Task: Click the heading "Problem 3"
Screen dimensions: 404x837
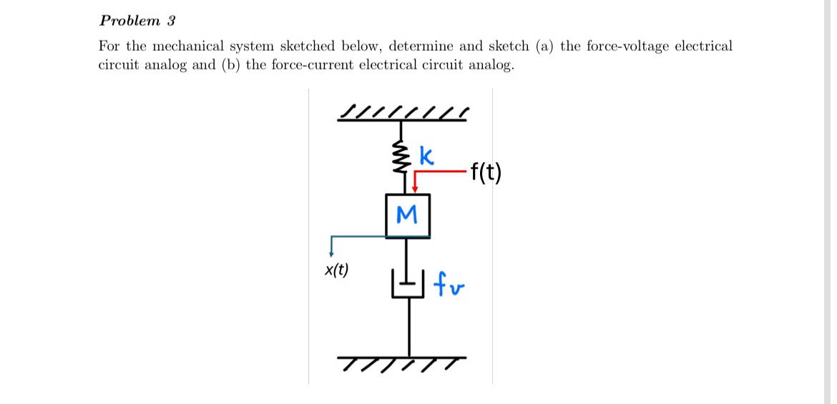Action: click(x=137, y=19)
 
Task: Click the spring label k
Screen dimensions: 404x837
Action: click(x=426, y=156)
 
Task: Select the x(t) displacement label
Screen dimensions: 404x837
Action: click(x=336, y=270)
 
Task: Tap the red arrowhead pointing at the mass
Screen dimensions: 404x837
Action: click(x=414, y=189)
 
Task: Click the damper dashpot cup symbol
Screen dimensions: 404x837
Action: click(x=407, y=283)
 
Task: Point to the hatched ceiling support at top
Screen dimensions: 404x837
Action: click(x=403, y=114)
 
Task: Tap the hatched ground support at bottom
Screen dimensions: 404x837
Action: click(x=403, y=363)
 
